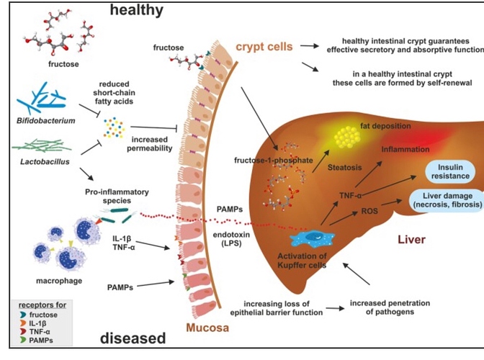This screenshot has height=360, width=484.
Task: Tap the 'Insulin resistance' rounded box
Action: pyautogui.click(x=451, y=171)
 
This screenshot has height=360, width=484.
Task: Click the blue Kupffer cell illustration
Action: pyautogui.click(x=310, y=240)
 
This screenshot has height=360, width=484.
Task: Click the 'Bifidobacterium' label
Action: pyautogui.click(x=44, y=120)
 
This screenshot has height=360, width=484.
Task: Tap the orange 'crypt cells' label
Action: pyautogui.click(x=264, y=48)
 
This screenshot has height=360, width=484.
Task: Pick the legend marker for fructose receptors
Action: pyautogui.click(x=26, y=315)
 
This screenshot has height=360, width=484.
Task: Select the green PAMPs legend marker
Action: pyautogui.click(x=26, y=339)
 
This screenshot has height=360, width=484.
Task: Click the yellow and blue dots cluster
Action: pyautogui.click(x=113, y=127)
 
